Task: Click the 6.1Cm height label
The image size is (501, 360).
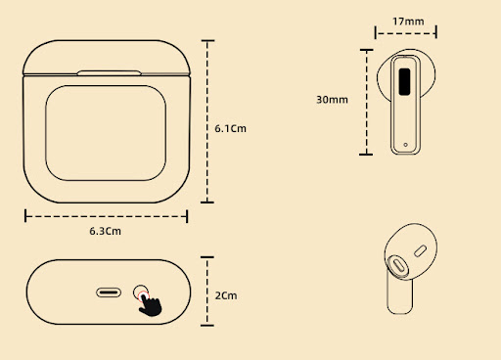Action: (230, 128)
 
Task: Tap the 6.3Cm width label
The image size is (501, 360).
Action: (105, 231)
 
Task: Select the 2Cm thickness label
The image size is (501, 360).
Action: (226, 295)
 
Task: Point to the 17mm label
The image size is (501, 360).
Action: (408, 22)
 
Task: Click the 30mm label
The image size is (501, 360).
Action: (332, 100)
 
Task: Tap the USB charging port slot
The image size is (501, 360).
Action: (109, 292)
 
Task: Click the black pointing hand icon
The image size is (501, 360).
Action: (150, 304)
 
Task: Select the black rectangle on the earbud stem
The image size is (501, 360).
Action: (404, 82)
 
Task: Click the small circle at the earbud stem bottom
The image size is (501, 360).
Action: (405, 145)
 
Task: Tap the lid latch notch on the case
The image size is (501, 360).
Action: (110, 72)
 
